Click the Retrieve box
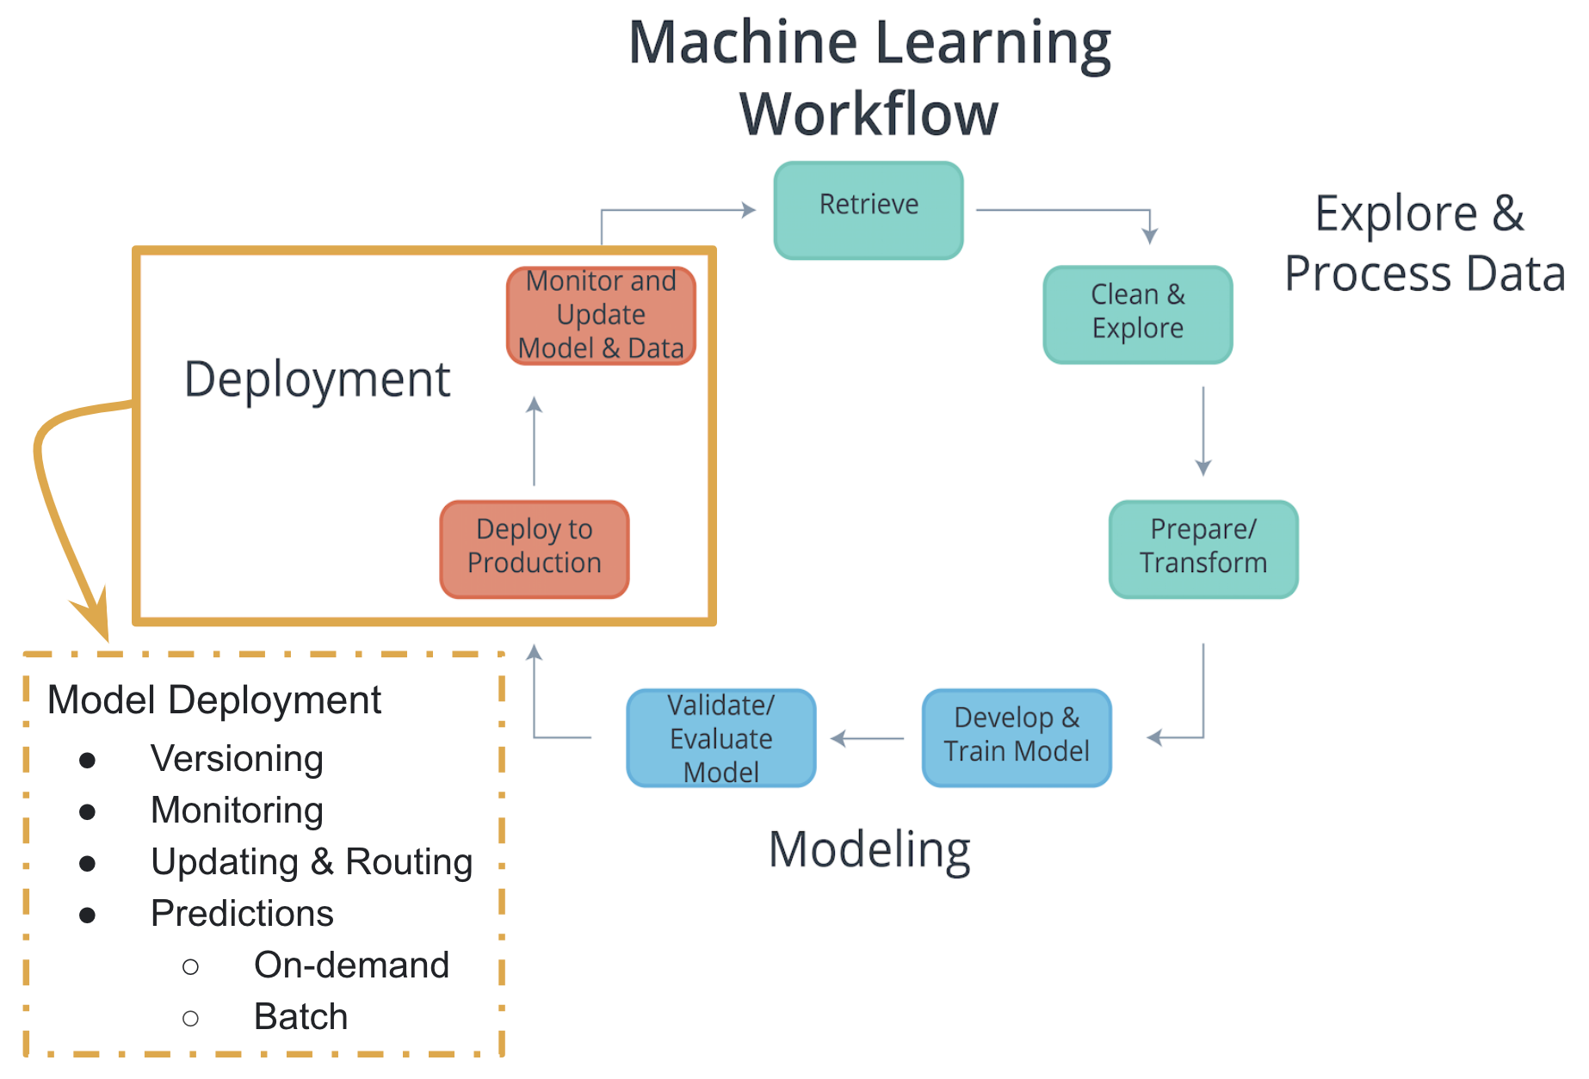click(x=868, y=210)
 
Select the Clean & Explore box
click(x=1137, y=314)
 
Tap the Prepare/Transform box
click(x=1203, y=548)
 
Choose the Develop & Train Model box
click(x=1016, y=737)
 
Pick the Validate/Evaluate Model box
click(x=720, y=737)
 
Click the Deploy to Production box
click(x=534, y=548)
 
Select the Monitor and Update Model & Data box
click(x=601, y=315)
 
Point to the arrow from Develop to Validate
click(x=867, y=737)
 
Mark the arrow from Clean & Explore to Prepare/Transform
click(x=1203, y=430)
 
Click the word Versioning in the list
click(x=237, y=759)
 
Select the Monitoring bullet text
click(x=237, y=811)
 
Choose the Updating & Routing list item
click(x=312, y=862)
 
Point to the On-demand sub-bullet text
click(x=351, y=965)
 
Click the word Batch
click(x=300, y=1017)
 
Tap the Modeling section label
click(x=869, y=850)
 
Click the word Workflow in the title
click(x=869, y=114)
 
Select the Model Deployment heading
click(x=213, y=700)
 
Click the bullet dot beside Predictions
click(x=87, y=915)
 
